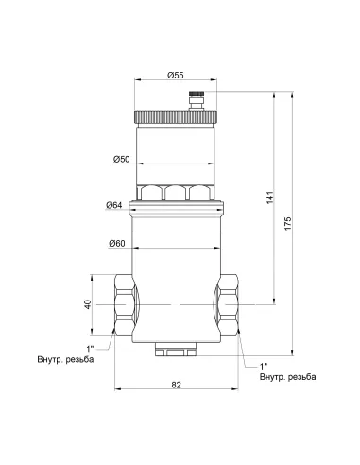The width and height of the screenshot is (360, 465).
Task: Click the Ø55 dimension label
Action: pos(176,75)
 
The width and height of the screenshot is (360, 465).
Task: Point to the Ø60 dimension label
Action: pos(116,244)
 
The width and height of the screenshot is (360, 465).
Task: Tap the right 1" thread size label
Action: pos(265,366)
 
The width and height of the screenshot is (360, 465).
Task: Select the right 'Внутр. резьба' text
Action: pos(284,377)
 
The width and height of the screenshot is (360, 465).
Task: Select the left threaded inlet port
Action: pos(124,305)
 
